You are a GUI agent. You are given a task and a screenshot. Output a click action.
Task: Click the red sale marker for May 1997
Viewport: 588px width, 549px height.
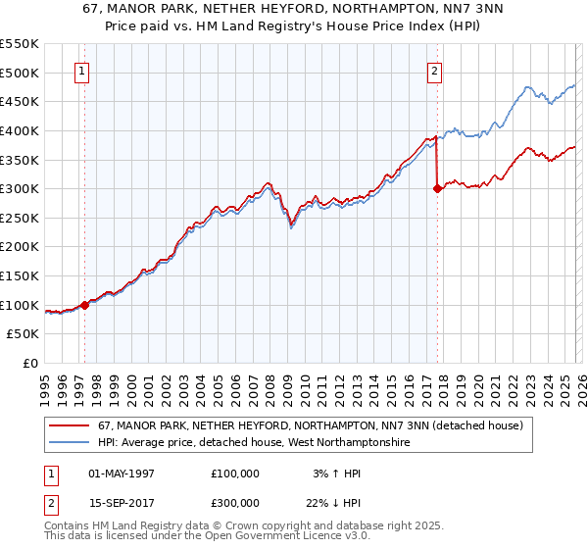pyautogui.click(x=85, y=305)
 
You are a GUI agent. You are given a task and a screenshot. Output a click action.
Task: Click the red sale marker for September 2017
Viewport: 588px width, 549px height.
pyautogui.click(x=437, y=189)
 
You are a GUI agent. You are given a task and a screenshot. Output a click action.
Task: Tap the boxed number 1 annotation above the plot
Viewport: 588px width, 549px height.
pyautogui.click(x=82, y=71)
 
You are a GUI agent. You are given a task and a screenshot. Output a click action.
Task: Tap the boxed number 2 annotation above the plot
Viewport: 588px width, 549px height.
pyautogui.click(x=433, y=71)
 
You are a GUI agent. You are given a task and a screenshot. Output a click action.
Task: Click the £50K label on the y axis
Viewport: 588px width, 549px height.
pyautogui.click(x=24, y=334)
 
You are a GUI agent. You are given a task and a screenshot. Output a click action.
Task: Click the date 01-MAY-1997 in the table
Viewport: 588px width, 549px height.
pyautogui.click(x=122, y=474)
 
